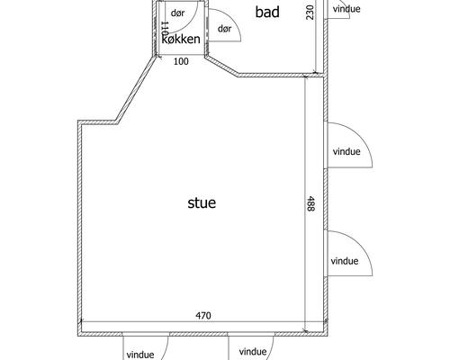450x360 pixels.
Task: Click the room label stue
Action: [202, 202]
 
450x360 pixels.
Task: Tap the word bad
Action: [267, 12]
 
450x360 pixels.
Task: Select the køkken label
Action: [181, 39]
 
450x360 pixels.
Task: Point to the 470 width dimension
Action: [203, 315]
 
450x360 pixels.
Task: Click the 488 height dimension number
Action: [310, 203]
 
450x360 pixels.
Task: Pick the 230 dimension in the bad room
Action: [310, 13]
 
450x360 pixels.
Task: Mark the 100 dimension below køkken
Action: [181, 61]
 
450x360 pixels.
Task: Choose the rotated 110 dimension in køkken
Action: [165, 30]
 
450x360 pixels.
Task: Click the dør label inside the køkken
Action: [177, 13]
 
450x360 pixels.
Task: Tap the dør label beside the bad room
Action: [225, 29]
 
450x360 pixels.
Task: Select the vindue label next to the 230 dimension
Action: [346, 9]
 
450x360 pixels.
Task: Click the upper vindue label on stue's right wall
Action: [346, 151]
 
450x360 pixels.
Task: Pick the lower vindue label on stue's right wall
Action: [345, 261]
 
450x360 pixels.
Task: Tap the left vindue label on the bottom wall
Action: [140, 355]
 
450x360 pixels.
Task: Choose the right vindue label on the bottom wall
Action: [253, 351]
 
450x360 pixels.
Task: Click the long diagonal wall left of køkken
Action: [136, 89]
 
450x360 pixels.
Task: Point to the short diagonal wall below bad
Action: [221, 66]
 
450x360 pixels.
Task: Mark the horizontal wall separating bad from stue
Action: [281, 75]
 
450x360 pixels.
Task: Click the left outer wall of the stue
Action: [80, 228]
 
